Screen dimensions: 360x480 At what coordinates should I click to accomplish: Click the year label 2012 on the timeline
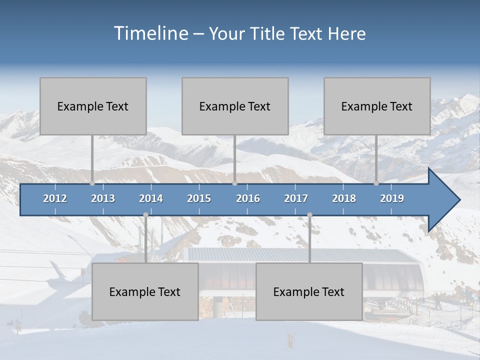pyautogui.click(x=55, y=198)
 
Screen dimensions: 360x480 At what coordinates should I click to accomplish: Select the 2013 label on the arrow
pyautogui.click(x=103, y=198)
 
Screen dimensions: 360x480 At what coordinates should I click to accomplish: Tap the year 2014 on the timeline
pyautogui.click(x=151, y=198)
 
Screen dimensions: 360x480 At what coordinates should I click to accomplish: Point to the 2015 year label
pyautogui.click(x=199, y=198)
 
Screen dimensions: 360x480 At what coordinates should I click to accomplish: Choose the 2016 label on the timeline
pyautogui.click(x=248, y=198)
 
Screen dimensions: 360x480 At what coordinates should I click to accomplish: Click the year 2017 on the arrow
pyautogui.click(x=296, y=198)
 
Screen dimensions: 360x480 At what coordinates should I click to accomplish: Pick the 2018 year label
pyautogui.click(x=344, y=198)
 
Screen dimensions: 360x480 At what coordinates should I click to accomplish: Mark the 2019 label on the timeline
pyautogui.click(x=392, y=198)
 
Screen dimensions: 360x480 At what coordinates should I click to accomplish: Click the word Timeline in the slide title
pyautogui.click(x=150, y=33)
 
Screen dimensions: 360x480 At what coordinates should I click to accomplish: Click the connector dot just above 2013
pyautogui.click(x=92, y=183)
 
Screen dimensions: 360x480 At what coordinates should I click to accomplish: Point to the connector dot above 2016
pyautogui.click(x=234, y=183)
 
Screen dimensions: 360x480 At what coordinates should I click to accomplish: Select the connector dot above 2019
pyautogui.click(x=376, y=183)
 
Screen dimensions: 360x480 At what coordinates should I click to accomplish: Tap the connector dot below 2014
pyautogui.click(x=145, y=214)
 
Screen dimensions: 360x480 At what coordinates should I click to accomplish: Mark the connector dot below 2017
pyautogui.click(x=309, y=214)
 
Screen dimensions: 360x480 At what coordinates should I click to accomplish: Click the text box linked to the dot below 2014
pyautogui.click(x=145, y=291)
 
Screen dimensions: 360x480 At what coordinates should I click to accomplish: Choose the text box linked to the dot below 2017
pyautogui.click(x=309, y=291)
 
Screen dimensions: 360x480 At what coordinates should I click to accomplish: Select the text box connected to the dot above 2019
pyautogui.click(x=377, y=106)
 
